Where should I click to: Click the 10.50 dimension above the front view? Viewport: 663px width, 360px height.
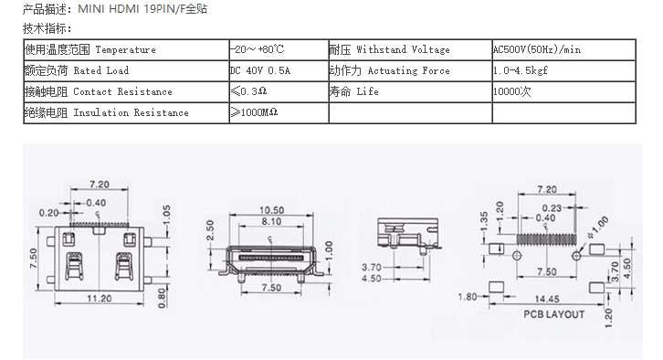[271, 210]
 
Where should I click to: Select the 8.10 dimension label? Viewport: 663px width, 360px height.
[271, 222]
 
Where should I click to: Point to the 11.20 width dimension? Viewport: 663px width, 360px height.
[100, 299]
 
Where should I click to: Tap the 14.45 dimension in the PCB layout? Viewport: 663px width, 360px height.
[547, 299]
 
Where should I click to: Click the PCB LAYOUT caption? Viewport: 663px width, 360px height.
[554, 314]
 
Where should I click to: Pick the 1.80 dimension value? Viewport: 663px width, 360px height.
[468, 297]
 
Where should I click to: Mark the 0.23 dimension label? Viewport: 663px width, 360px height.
[552, 208]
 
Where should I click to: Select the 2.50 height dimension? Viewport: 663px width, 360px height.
[210, 230]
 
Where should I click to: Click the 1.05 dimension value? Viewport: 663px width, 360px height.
[166, 216]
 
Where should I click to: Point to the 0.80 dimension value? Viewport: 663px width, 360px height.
[162, 298]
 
